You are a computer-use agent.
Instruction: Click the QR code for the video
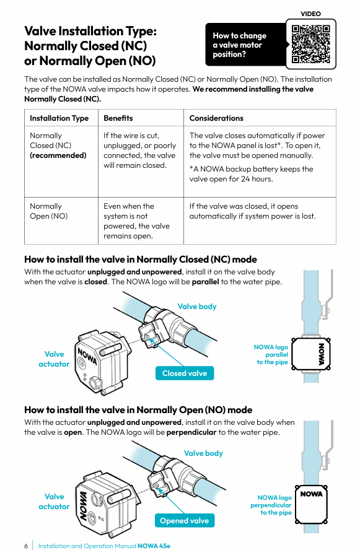[311, 44]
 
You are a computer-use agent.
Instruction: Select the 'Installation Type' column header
[59, 118]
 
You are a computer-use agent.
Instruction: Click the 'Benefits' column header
[118, 118]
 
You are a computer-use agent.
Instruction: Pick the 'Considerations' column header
[216, 118]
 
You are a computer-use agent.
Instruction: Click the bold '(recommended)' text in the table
[58, 155]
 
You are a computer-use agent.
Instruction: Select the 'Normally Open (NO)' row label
[49, 211]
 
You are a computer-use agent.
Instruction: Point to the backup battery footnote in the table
[251, 174]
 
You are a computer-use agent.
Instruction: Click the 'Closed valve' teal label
[185, 373]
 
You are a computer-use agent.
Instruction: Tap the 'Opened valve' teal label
[185, 520]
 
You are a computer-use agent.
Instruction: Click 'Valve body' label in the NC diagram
[197, 307]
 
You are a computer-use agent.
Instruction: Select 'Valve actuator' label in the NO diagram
[54, 502]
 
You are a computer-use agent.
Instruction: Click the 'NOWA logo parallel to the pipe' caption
[271, 355]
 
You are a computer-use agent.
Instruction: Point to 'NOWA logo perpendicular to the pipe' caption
[271, 505]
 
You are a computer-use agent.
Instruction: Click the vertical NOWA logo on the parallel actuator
[321, 354]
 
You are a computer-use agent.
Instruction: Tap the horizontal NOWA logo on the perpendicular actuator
[311, 494]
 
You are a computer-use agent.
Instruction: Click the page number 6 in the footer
[26, 546]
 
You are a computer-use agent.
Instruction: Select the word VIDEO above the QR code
[310, 14]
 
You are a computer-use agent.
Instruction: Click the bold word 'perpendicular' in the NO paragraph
[191, 432]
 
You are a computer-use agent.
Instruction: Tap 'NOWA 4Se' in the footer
[154, 546]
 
